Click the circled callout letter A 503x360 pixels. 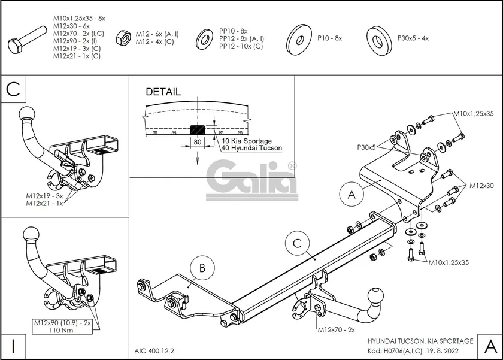(x=351, y=194)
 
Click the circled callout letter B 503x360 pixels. (x=202, y=268)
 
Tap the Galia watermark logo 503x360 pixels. (x=251, y=178)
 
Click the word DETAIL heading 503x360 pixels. (x=163, y=92)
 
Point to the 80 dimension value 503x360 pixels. (x=196, y=143)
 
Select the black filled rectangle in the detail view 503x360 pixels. (x=197, y=129)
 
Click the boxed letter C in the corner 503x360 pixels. (x=14, y=90)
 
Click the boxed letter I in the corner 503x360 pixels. (x=13, y=346)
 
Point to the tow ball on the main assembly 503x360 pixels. (x=377, y=295)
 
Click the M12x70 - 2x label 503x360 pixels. (x=336, y=330)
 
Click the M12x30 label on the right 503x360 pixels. (x=481, y=186)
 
